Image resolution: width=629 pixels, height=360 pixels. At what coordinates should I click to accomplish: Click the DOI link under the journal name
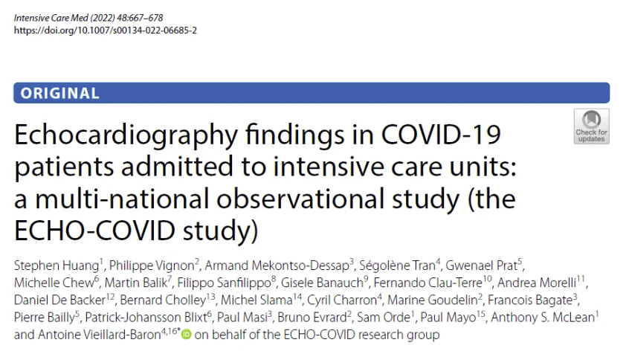(105, 30)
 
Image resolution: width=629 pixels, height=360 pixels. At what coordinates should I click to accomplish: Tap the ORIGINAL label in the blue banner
(60, 93)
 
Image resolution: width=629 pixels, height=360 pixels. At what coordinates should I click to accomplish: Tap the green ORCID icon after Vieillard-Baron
(186, 335)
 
